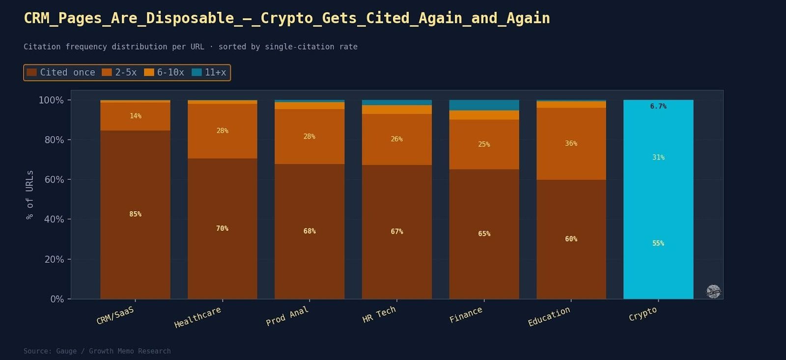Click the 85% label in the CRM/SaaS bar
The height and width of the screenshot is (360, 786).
pyautogui.click(x=135, y=214)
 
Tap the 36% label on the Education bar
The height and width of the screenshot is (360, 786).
pyautogui.click(x=571, y=143)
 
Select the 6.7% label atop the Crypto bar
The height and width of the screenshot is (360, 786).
pyautogui.click(x=658, y=106)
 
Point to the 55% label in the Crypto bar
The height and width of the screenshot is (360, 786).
pyautogui.click(x=658, y=243)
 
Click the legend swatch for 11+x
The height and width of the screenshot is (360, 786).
pyautogui.click(x=196, y=73)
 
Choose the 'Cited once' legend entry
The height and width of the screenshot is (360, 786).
pyautogui.click(x=61, y=73)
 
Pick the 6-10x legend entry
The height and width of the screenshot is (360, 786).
pyautogui.click(x=164, y=73)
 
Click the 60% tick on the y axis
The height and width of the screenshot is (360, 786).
pyautogui.click(x=54, y=179)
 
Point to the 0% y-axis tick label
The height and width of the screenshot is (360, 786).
pyautogui.click(x=57, y=299)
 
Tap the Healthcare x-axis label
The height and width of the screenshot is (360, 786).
pyautogui.click(x=197, y=317)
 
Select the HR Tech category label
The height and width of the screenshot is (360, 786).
pyautogui.click(x=379, y=314)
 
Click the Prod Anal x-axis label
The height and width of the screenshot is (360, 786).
pyautogui.click(x=287, y=316)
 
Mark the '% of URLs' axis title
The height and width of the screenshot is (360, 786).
pyautogui.click(x=30, y=194)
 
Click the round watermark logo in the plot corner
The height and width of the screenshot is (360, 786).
pyautogui.click(x=713, y=291)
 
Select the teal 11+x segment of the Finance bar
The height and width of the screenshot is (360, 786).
pyautogui.click(x=484, y=105)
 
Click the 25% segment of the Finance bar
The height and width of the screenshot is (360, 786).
pyautogui.click(x=484, y=144)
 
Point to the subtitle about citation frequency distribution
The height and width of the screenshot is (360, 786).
pyautogui.click(x=191, y=47)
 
